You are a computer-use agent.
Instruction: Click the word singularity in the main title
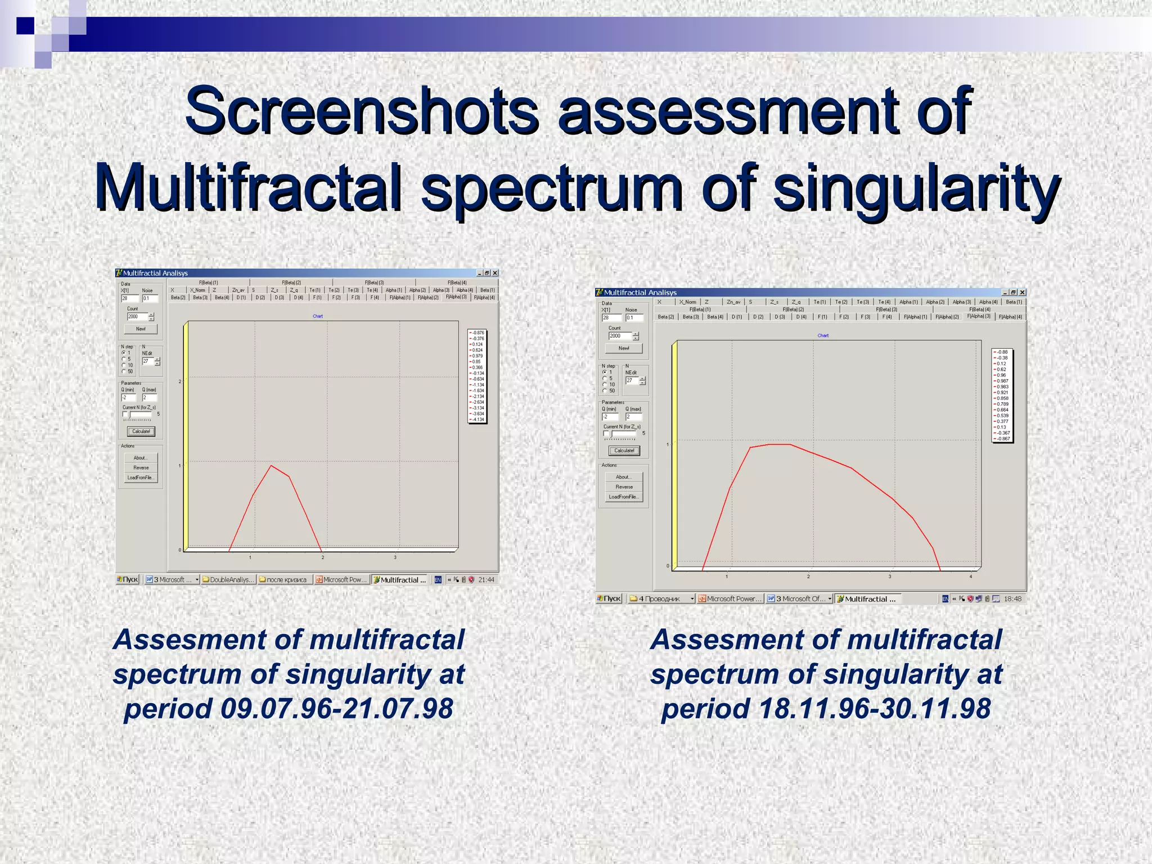916,187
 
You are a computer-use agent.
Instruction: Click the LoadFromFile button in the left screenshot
141,478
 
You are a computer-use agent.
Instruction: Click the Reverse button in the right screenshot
624,487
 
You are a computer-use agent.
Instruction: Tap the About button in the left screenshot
141,458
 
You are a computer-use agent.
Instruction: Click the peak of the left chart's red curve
271,465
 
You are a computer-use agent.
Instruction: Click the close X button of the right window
1022,292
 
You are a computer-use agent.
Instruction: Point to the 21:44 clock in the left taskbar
486,579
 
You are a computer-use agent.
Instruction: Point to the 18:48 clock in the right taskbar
1012,598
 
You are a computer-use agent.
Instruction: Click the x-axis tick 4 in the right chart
970,577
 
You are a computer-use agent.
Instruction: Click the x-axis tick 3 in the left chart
395,557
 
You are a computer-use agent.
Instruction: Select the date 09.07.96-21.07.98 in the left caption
336,708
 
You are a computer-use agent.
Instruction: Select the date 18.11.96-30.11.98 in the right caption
874,708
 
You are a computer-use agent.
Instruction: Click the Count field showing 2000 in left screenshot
137,317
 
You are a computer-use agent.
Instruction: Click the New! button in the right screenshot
624,348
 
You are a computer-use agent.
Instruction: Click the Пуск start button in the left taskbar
128,579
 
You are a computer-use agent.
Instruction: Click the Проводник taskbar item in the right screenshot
661,598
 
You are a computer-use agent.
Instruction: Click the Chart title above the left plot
318,316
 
